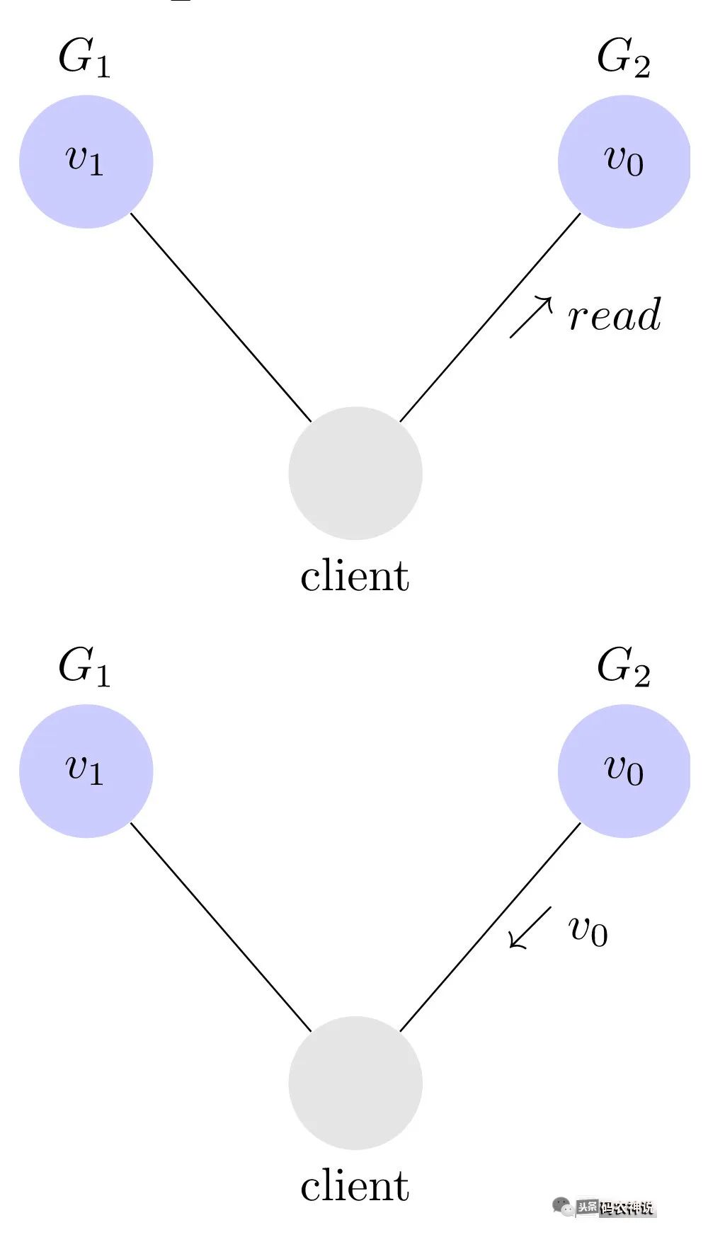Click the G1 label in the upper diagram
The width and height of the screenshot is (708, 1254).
(x=84, y=58)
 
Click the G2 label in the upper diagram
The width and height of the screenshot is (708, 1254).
(x=623, y=58)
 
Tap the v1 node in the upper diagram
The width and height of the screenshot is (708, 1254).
(x=86, y=161)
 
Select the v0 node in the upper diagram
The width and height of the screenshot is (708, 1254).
(x=624, y=161)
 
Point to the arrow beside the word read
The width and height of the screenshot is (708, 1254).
(x=531, y=316)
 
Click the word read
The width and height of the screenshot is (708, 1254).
(x=614, y=316)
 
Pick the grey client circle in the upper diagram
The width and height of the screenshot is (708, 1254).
(x=355, y=473)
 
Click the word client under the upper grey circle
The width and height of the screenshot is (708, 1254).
(x=355, y=576)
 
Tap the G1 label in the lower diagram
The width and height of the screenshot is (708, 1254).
(x=84, y=667)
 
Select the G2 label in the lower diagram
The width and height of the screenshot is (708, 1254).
(x=623, y=667)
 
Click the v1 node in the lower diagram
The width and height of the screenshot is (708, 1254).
(x=86, y=771)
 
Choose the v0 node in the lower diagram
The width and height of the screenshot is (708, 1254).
(x=624, y=771)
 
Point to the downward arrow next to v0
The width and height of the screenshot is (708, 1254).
(x=530, y=926)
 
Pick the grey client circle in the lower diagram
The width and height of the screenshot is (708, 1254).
(x=355, y=1083)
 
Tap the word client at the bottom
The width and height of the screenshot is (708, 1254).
(x=355, y=1186)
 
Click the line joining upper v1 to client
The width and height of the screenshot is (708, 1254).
(x=221, y=317)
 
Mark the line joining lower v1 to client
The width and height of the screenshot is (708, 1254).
(x=221, y=927)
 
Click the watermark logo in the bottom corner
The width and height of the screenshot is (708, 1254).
(x=605, y=1207)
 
